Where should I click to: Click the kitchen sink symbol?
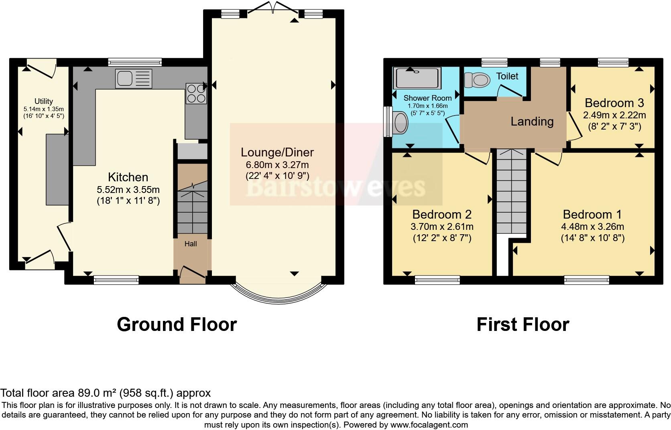(134, 78)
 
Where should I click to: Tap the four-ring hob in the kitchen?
(196, 93)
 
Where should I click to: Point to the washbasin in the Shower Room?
(400, 122)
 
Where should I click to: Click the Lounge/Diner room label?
(277, 152)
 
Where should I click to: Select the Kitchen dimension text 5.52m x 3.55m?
(128, 190)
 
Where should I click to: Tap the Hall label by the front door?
(191, 243)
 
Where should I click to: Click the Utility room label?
(43, 101)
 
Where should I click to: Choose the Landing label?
(532, 121)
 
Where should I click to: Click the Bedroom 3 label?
(614, 103)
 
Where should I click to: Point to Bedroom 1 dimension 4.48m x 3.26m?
(592, 227)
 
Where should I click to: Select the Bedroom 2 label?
(441, 214)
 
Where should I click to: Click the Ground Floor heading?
(177, 324)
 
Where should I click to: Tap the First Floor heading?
(523, 324)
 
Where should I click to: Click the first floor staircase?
(511, 193)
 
